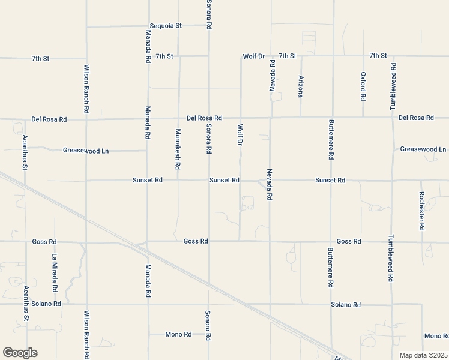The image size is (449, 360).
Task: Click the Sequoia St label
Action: [165, 26]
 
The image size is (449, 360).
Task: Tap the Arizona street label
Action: [301, 86]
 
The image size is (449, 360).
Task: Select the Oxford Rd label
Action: [363, 86]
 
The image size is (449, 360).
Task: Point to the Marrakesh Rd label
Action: [178, 148]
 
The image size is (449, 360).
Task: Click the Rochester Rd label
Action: [421, 211]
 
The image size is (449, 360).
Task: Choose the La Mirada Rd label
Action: [55, 272]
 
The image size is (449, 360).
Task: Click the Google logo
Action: [20, 353]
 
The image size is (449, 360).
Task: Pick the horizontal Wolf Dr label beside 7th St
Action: [253, 56]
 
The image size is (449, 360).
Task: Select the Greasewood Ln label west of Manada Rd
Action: [86, 151]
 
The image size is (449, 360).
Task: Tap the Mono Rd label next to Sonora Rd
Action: [178, 334]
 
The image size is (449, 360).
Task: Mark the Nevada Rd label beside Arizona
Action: [272, 76]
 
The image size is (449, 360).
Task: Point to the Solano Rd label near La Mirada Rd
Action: [49, 304]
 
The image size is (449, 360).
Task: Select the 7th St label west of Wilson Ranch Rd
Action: [40, 59]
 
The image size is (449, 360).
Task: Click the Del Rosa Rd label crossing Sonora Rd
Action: [204, 118]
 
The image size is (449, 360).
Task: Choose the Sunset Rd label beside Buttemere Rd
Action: [330, 181]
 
